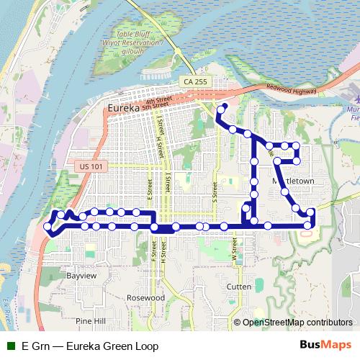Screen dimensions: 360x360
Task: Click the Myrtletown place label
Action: click(294, 181)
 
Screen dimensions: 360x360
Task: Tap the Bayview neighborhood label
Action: click(81, 276)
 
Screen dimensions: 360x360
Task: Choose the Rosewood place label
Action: click(145, 297)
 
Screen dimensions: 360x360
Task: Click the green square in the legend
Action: click(11, 346)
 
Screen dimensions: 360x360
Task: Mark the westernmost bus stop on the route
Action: click(48, 226)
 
